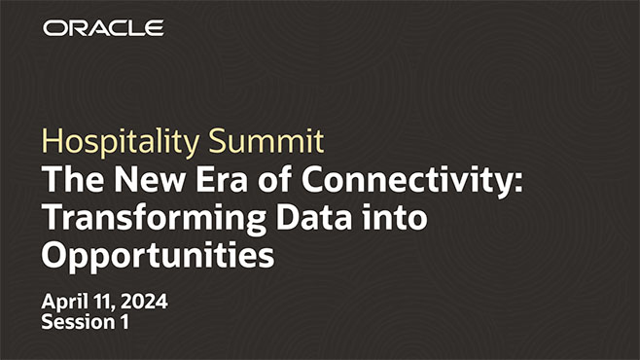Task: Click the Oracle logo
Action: [103, 28]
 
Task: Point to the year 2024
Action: [143, 302]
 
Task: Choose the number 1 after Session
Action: [124, 322]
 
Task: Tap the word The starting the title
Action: [67, 181]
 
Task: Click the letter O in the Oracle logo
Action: [53, 28]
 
